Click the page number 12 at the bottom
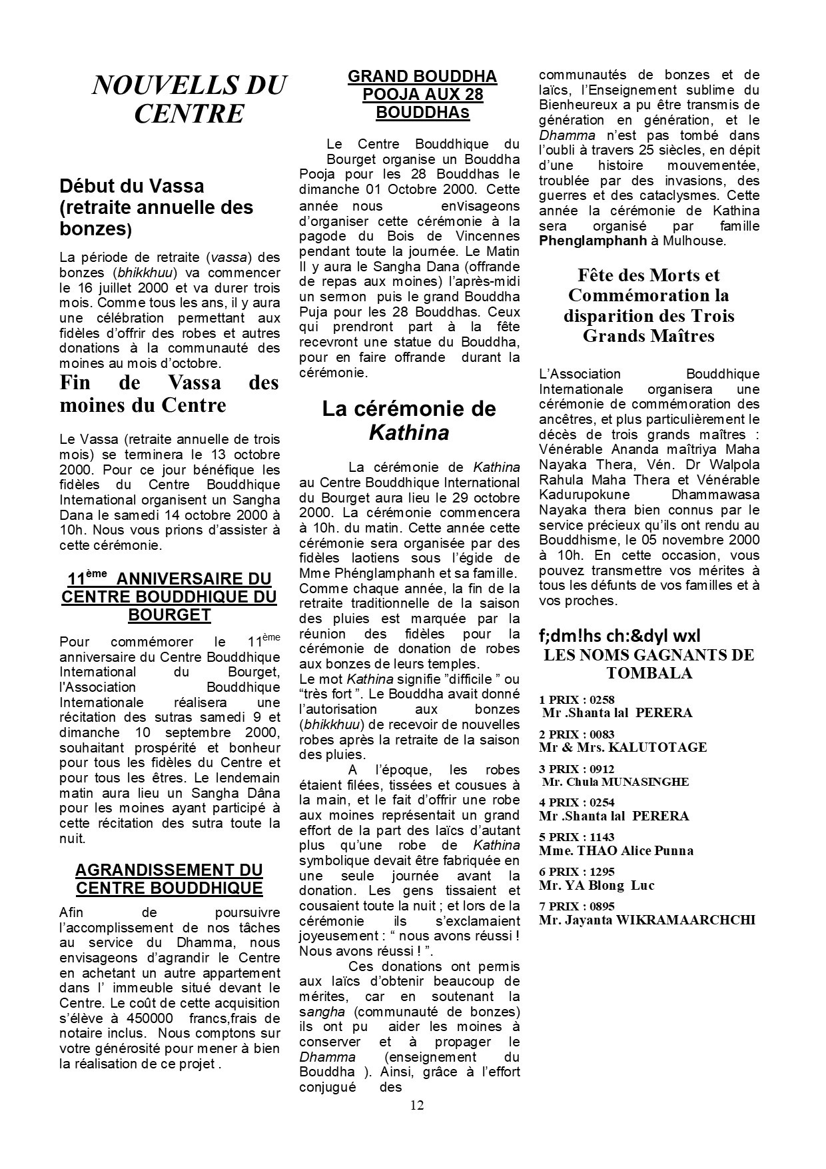[x=416, y=1105]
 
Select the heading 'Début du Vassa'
[x=132, y=186]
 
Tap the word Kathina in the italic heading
[x=409, y=433]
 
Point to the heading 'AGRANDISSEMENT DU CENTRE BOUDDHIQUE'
[x=169, y=878]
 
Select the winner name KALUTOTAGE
[x=657, y=747]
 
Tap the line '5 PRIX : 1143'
[x=577, y=837]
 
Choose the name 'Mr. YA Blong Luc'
[x=597, y=885]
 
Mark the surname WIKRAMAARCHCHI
[x=685, y=920]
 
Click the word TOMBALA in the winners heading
[x=649, y=673]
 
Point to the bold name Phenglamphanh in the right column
[x=593, y=241]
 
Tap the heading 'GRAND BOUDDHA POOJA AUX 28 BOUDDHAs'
[x=422, y=95]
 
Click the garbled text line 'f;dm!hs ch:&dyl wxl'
[x=619, y=636]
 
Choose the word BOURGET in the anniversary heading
[x=169, y=614]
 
